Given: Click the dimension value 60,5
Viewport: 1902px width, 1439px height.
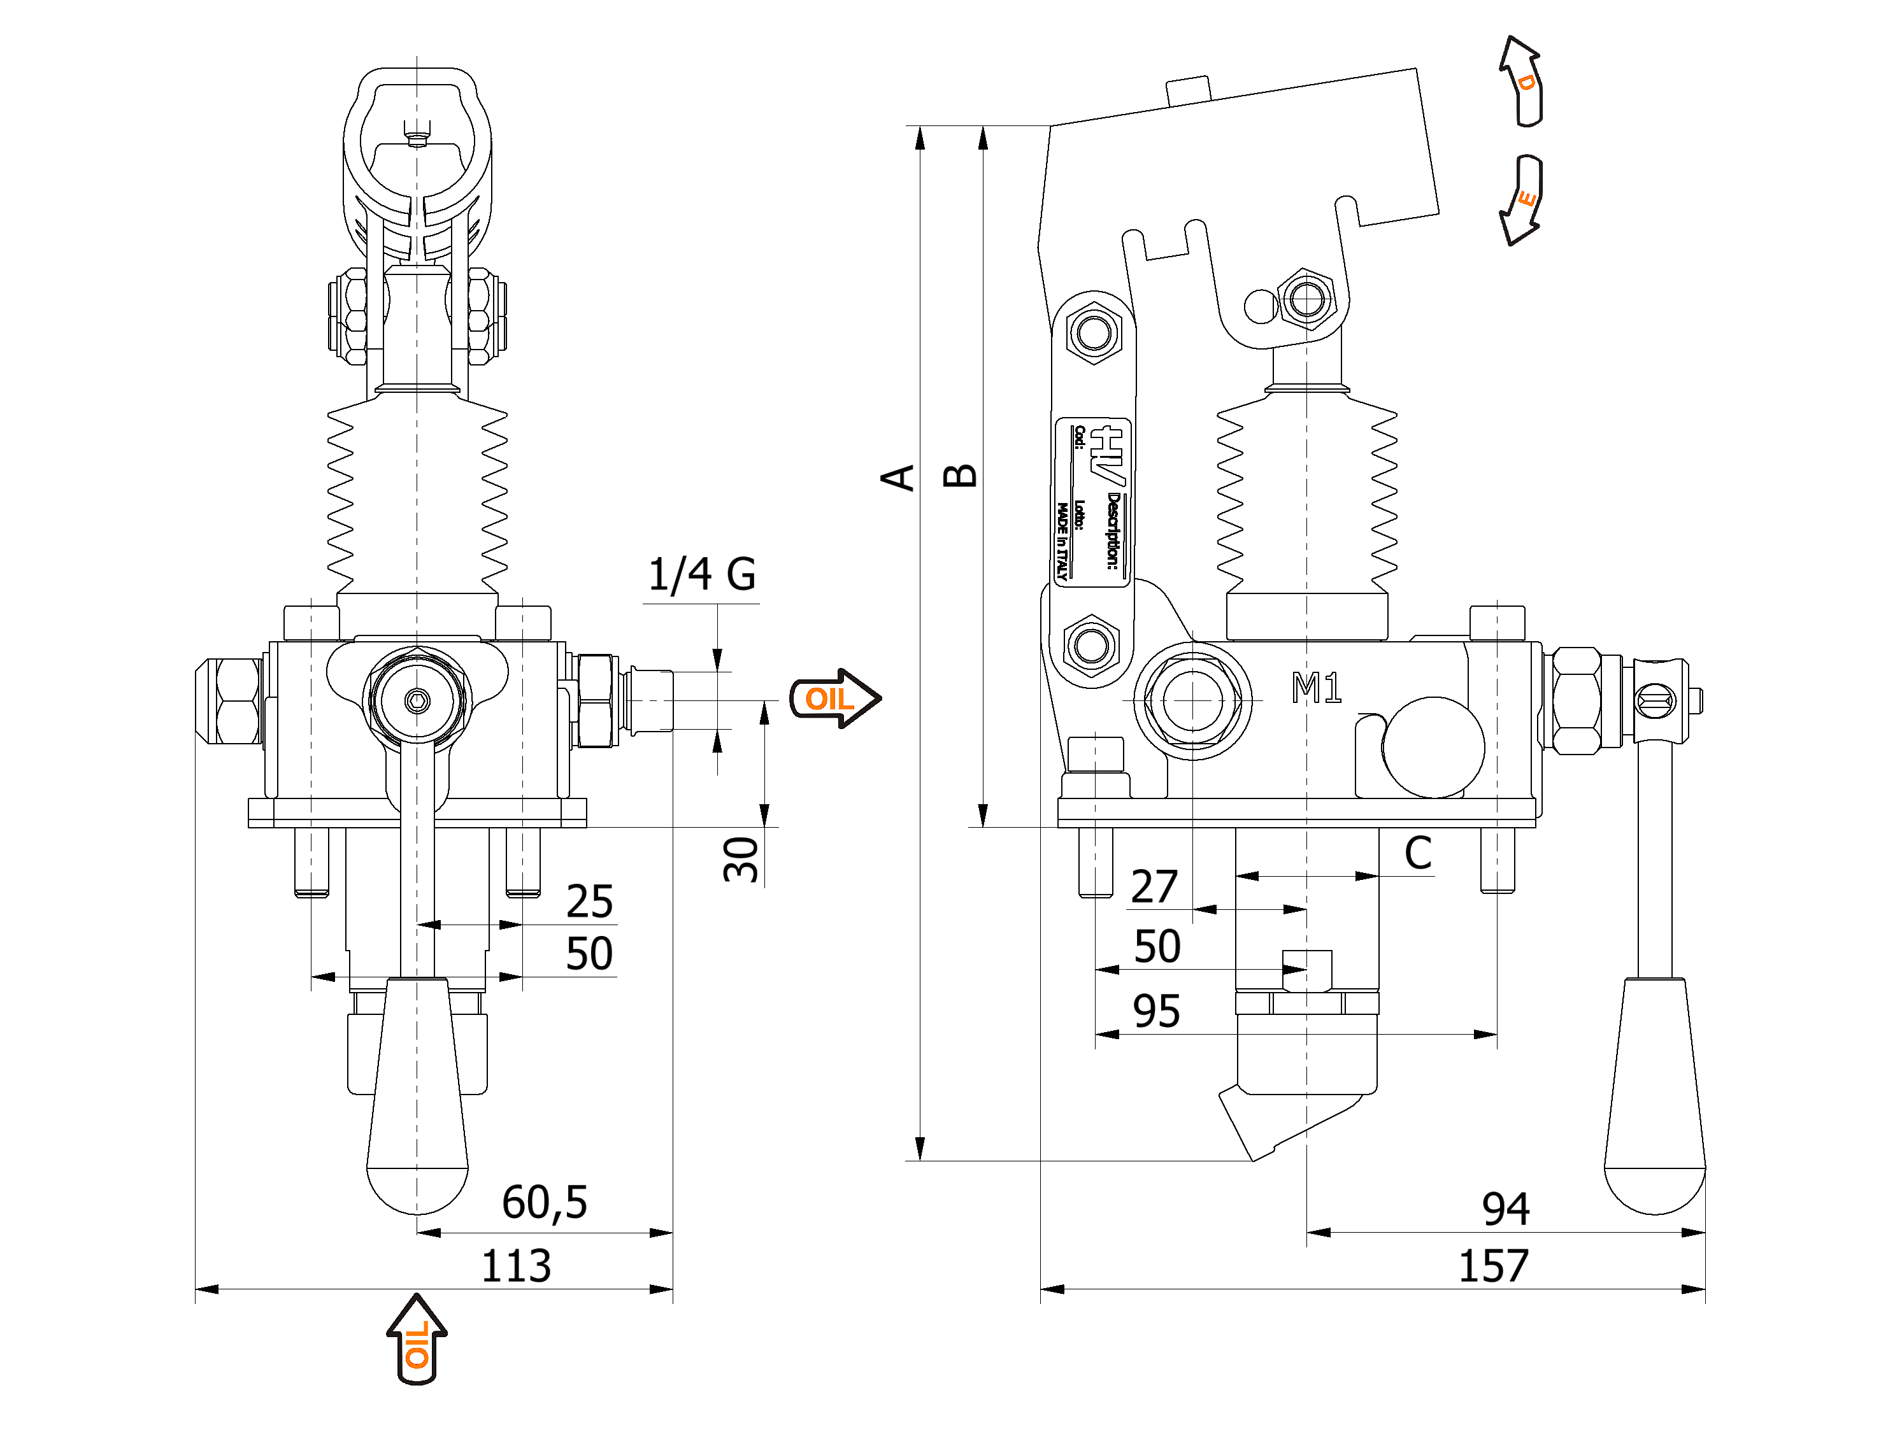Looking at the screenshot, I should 544,1202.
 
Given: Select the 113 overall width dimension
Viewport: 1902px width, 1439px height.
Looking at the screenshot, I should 516,1265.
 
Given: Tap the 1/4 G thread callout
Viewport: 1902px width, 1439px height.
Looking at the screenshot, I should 702,574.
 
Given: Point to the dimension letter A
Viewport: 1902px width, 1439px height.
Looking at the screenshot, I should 897,477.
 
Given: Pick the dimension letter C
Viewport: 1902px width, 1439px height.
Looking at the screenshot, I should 1418,854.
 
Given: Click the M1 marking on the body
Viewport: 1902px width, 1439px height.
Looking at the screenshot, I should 1317,688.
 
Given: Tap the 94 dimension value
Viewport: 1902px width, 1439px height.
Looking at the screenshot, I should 1506,1209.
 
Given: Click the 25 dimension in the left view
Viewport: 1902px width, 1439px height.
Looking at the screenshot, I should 589,902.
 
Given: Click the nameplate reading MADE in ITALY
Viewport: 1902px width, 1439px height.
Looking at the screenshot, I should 1092,503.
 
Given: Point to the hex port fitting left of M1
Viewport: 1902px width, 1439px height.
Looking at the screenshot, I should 1192,700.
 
